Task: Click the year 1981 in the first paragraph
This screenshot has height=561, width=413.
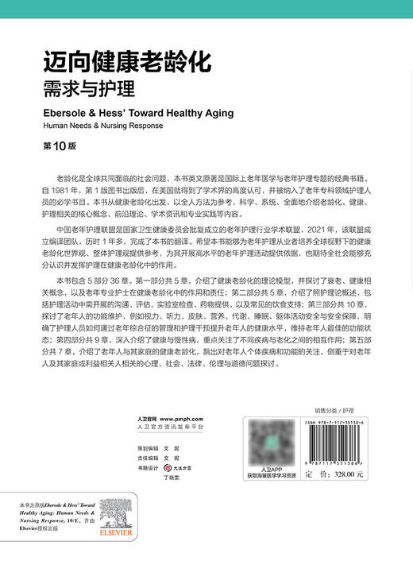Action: pyautogui.click(x=65, y=190)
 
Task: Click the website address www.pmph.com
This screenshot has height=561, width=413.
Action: pyautogui.click(x=182, y=418)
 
